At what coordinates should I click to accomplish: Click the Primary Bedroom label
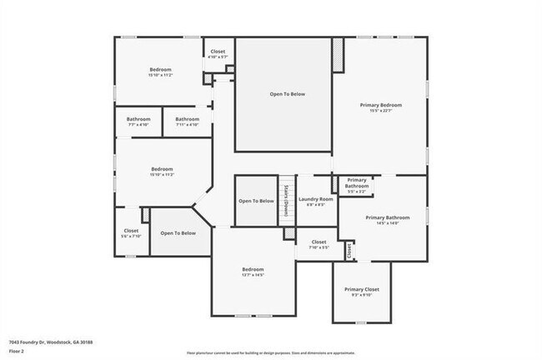tap(381, 105)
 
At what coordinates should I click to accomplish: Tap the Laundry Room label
tap(316, 199)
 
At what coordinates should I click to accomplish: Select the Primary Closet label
tap(362, 289)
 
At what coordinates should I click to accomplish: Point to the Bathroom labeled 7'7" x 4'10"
tap(138, 119)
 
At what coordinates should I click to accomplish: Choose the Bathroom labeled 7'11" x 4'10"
tap(187, 119)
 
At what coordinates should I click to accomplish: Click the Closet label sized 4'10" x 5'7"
tap(217, 52)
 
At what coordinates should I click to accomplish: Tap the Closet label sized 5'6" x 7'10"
tap(132, 231)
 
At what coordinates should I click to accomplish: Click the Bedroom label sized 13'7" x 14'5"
tap(253, 269)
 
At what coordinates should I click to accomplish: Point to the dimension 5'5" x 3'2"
tap(357, 192)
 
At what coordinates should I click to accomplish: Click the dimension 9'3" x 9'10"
tap(362, 295)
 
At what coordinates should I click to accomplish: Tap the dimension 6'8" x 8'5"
tap(316, 205)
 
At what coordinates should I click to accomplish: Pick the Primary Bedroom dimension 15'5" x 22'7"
tap(381, 111)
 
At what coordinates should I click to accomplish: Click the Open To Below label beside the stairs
tap(256, 201)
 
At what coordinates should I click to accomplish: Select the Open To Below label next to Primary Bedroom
tap(287, 94)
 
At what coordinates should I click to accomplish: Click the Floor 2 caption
tap(18, 351)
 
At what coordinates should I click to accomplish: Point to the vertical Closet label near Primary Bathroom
tap(349, 248)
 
